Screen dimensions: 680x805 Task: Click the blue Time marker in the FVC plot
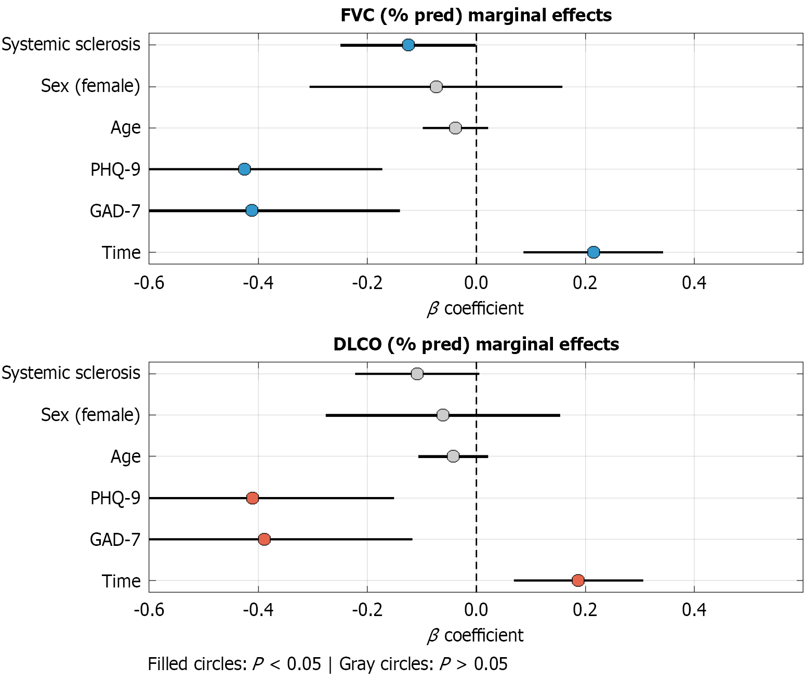point(593,252)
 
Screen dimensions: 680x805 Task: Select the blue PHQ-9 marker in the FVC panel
point(244,169)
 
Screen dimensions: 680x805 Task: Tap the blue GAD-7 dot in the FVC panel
point(252,211)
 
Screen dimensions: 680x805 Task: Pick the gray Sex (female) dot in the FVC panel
point(437,86)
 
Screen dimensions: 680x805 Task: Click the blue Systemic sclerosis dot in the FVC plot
point(408,45)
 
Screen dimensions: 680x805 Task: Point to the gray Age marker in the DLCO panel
point(453,456)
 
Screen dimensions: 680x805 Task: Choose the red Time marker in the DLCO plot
point(578,580)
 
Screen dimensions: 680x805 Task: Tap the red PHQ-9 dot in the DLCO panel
point(253,498)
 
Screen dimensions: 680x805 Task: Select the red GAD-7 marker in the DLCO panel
point(264,539)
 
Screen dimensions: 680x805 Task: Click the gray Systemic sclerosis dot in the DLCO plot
point(417,374)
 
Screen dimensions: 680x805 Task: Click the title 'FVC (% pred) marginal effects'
point(476,15)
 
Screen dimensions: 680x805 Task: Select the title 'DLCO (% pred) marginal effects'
point(476,344)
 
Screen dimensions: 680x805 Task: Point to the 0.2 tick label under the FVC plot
point(585,283)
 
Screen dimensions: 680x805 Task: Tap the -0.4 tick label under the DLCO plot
point(258,609)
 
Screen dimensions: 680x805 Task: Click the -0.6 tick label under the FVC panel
point(149,283)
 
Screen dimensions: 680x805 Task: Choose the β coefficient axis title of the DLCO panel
point(476,635)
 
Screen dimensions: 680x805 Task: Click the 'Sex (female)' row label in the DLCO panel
point(90,415)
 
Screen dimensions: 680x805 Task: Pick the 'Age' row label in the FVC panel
point(125,127)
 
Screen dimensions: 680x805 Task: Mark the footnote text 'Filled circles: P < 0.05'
point(234,664)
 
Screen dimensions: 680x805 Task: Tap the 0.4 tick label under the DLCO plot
point(694,609)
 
